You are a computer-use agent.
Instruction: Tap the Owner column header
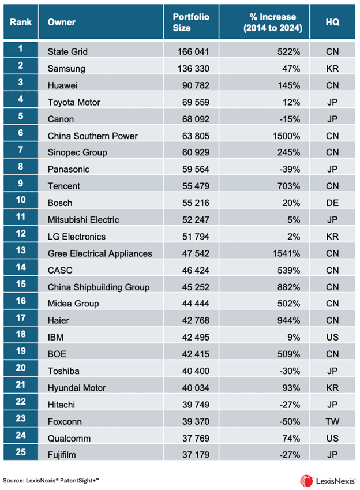[x=62, y=23]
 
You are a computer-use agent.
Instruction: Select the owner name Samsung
[x=66, y=68]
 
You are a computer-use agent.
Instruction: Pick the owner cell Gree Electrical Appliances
[x=100, y=253]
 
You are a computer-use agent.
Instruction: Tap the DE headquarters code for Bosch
[x=332, y=203]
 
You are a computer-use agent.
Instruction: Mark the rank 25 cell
[x=21, y=455]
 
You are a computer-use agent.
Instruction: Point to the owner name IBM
[x=57, y=354]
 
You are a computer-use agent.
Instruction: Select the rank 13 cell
[x=21, y=253]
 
